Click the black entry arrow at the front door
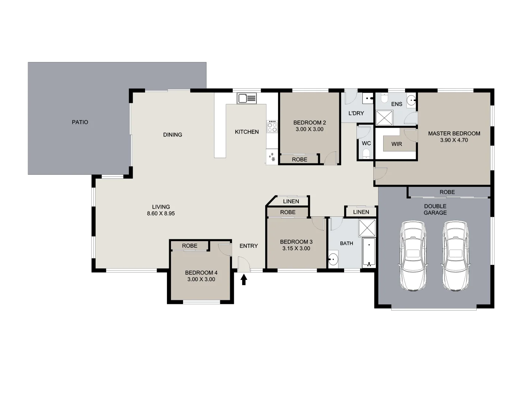pyautogui.click(x=244, y=279)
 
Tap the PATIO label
pyautogui.click(x=80, y=122)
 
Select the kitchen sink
pyautogui.click(x=247, y=98)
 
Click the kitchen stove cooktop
pyautogui.click(x=272, y=127)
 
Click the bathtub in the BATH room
pyautogui.click(x=369, y=252)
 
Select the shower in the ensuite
pyautogui.click(x=384, y=117)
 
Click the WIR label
pyautogui.click(x=397, y=144)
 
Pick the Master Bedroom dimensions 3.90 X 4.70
pyautogui.click(x=454, y=140)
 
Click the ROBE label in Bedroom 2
pyautogui.click(x=300, y=159)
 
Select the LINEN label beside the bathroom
pyautogui.click(x=361, y=212)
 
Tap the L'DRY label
pyautogui.click(x=356, y=113)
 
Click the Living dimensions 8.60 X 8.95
pyautogui.click(x=161, y=213)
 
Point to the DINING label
pyautogui.click(x=172, y=135)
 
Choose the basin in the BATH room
pyautogui.click(x=333, y=260)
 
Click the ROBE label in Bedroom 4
pyautogui.click(x=190, y=246)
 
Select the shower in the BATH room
pyautogui.click(x=367, y=228)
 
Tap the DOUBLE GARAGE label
pyautogui.click(x=435, y=209)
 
